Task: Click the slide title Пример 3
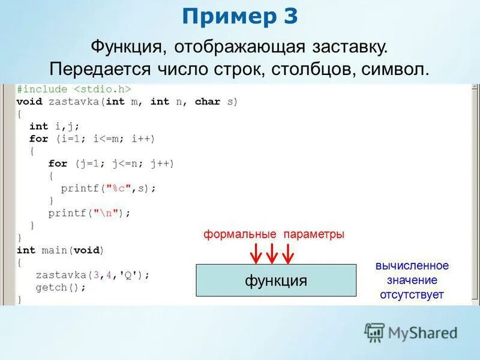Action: (x=240, y=17)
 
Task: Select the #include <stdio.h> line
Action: (x=74, y=89)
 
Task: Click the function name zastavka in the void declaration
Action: (x=75, y=101)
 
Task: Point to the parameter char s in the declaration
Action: (x=216, y=101)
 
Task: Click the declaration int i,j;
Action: (x=54, y=126)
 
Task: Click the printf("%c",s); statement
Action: (x=108, y=188)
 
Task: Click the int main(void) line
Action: (x=60, y=250)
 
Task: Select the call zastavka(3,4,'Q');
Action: (x=92, y=275)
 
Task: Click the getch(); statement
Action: (x=61, y=287)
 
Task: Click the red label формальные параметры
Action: (x=274, y=235)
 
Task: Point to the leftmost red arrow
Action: (x=256, y=253)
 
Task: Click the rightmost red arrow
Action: (x=288, y=253)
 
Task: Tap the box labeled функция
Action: (x=276, y=280)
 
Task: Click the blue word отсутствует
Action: (x=412, y=295)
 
